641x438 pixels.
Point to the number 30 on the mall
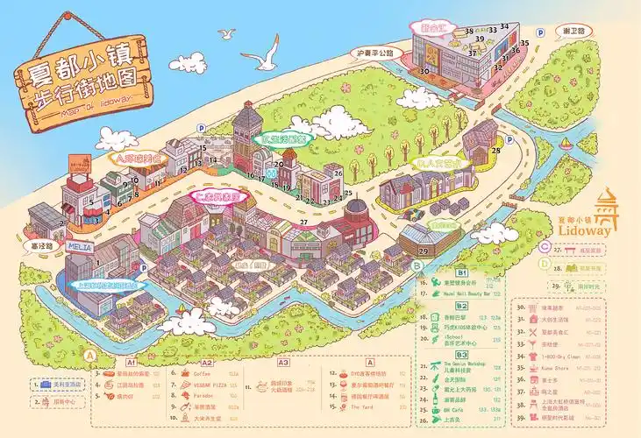coord(424,71)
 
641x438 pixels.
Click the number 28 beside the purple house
coord(496,152)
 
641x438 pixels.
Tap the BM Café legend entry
coord(453,409)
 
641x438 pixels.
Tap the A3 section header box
coord(282,361)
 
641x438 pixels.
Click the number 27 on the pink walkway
coord(303,223)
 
